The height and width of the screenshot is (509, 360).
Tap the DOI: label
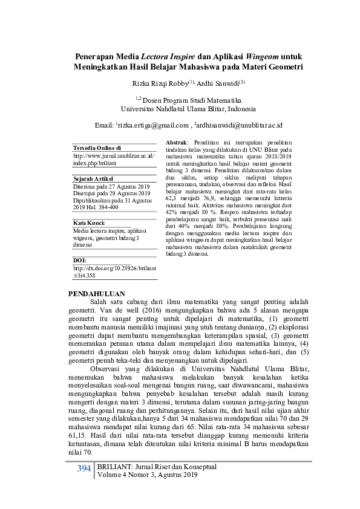(79, 260)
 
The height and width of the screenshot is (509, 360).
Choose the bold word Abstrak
(176, 141)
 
